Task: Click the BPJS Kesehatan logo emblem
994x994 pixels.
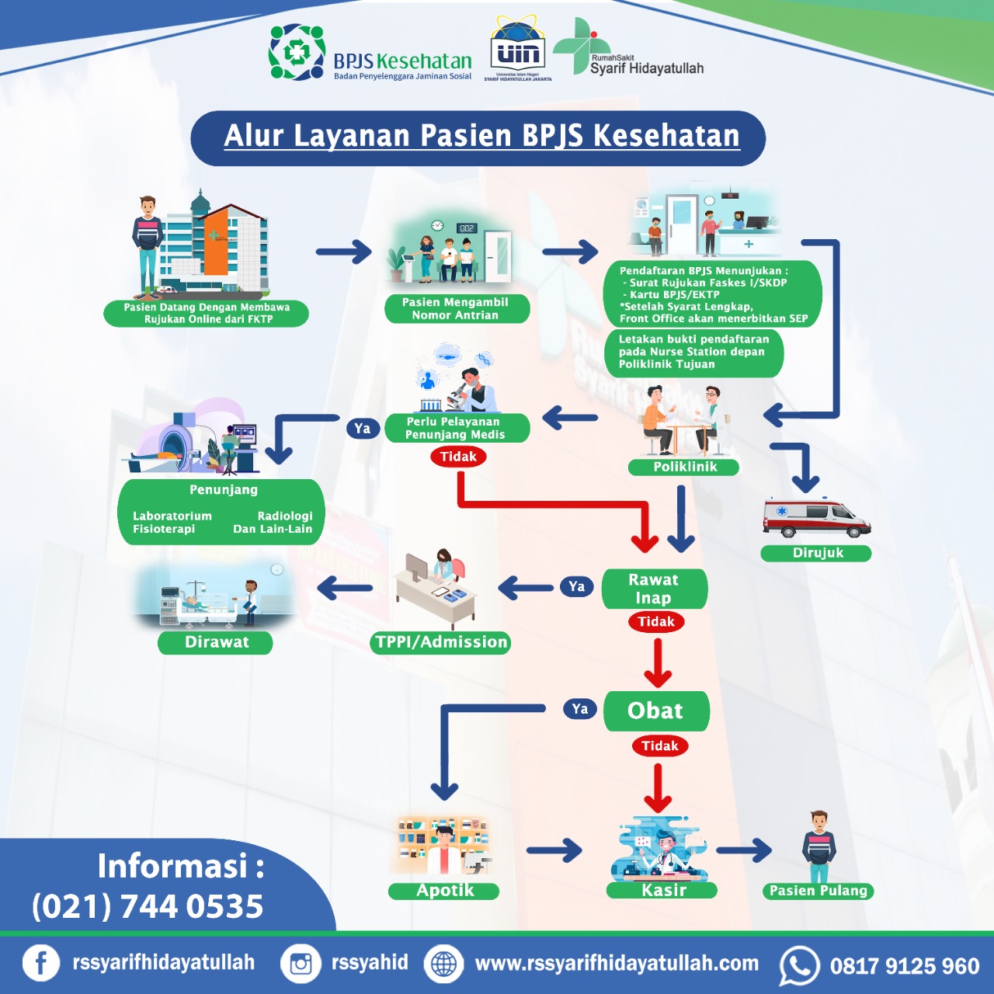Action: pyautogui.click(x=296, y=52)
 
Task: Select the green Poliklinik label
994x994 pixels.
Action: pyautogui.click(x=684, y=467)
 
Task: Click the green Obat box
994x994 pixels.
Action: pyautogui.click(x=656, y=711)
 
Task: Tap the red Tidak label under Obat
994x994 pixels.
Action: pyautogui.click(x=659, y=745)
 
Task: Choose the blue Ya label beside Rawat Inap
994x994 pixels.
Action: pyautogui.click(x=576, y=586)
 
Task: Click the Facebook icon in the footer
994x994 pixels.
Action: pyautogui.click(x=41, y=964)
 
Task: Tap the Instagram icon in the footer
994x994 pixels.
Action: pyautogui.click(x=301, y=964)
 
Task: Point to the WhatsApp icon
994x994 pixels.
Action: pyautogui.click(x=799, y=965)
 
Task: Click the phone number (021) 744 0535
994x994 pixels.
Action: pyautogui.click(x=148, y=906)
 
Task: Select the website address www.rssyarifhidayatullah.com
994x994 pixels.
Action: pyautogui.click(x=617, y=964)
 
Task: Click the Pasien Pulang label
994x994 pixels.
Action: pyautogui.click(x=818, y=891)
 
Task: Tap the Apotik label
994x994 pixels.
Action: pyautogui.click(x=444, y=891)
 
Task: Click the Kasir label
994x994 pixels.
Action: pyautogui.click(x=663, y=891)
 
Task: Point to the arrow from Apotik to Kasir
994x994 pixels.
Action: pyautogui.click(x=554, y=850)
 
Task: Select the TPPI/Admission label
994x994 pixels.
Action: pyautogui.click(x=440, y=642)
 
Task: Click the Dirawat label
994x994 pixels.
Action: pyautogui.click(x=216, y=642)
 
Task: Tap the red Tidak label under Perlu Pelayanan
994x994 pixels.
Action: pyautogui.click(x=458, y=457)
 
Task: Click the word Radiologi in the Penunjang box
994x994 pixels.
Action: pyautogui.click(x=285, y=516)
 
